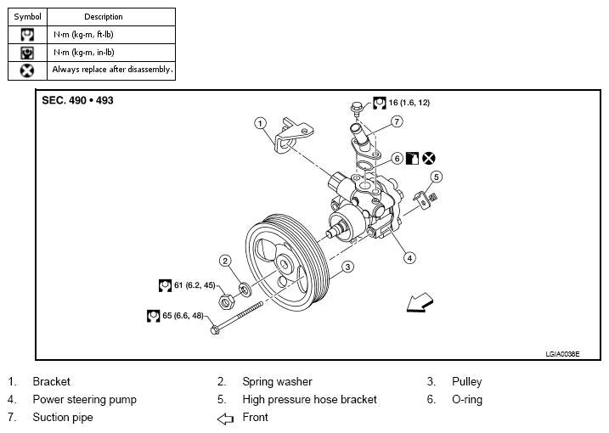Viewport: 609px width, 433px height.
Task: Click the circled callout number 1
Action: coord(260,123)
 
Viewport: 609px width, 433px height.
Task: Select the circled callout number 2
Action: coord(225,261)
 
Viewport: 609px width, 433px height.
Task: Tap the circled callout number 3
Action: coord(347,267)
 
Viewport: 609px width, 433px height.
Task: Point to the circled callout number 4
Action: coord(409,258)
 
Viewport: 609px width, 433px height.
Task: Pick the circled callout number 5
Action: coord(437,177)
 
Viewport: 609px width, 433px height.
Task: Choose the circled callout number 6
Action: coord(397,159)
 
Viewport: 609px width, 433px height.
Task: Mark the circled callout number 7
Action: coord(397,121)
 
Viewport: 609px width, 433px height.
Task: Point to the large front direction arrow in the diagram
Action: coord(420,302)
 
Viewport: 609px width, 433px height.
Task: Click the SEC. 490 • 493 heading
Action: coord(77,100)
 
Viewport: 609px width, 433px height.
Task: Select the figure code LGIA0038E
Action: coord(562,354)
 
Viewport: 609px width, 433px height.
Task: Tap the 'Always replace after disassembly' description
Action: coord(113,70)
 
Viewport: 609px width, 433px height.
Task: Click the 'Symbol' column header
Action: coord(27,17)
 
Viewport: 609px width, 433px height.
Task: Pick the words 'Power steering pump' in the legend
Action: coord(85,400)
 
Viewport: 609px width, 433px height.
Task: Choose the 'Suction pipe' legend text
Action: coord(63,418)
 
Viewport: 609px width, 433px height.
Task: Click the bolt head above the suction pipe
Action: coord(357,106)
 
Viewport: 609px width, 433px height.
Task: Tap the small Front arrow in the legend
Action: coord(225,419)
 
